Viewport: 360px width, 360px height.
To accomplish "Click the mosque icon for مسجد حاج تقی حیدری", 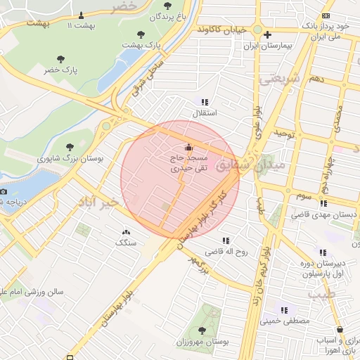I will click(188, 147).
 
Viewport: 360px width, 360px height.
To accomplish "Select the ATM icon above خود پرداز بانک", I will click(326, 15).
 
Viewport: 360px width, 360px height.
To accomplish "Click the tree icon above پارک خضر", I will click(60, 59).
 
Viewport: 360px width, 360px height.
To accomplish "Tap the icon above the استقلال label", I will click(205, 101).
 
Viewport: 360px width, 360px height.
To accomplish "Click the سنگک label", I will click(127, 243).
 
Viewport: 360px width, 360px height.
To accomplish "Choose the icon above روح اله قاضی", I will click(226, 240).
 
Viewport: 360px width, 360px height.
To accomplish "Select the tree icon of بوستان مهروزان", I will click(202, 330).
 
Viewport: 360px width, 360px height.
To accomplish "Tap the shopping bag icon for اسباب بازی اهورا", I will click(340, 329).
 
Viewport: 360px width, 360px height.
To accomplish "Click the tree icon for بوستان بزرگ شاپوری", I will click(70, 148).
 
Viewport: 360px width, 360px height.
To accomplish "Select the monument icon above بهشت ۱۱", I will click(81, 14).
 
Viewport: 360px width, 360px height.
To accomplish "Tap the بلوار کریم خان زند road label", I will click(262, 275).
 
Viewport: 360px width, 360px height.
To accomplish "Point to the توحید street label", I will click(288, 132).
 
